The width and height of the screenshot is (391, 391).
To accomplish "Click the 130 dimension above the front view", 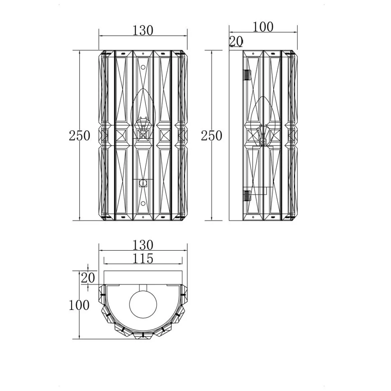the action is pyautogui.click(x=142, y=31).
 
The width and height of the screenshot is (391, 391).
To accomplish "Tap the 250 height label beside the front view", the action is pyautogui.click(x=79, y=136).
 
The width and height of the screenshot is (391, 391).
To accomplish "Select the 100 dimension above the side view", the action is pyautogui.click(x=263, y=27).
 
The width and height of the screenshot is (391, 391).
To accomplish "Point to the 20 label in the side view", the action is pyautogui.click(x=236, y=41).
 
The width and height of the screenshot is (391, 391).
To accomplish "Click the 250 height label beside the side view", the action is pyautogui.click(x=212, y=136).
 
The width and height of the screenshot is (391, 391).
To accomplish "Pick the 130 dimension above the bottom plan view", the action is pyautogui.click(x=142, y=245).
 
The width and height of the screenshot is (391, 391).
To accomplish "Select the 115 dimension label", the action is pyautogui.click(x=142, y=259).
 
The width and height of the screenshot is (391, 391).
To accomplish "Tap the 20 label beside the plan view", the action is pyautogui.click(x=88, y=278).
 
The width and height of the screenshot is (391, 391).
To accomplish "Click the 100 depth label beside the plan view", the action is pyautogui.click(x=79, y=305).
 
